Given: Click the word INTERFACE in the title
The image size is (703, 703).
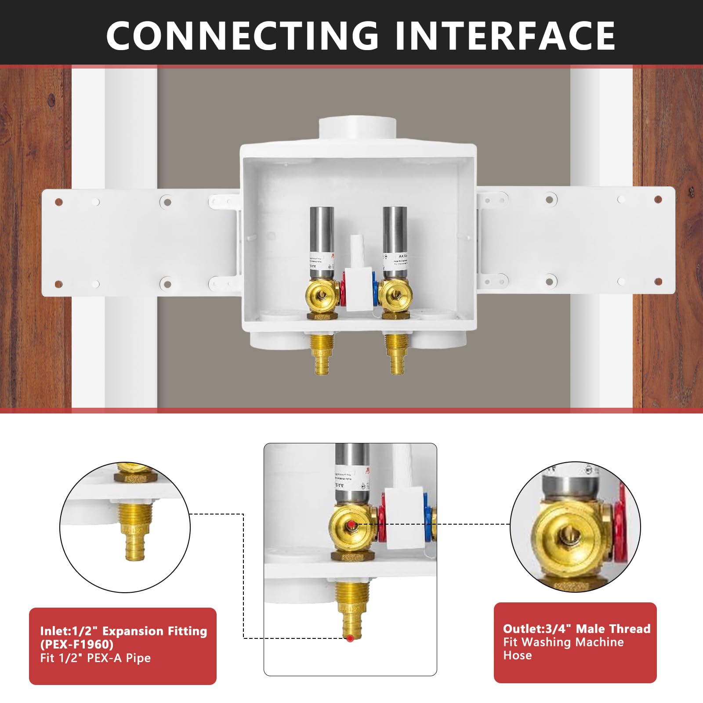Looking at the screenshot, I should pyautogui.click(x=505, y=35).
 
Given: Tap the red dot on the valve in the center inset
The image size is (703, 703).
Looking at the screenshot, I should pyautogui.click(x=351, y=525).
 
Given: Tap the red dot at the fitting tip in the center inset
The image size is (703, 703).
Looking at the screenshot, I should pyautogui.click(x=350, y=638).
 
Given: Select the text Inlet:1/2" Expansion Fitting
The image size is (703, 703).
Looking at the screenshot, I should pyautogui.click(x=123, y=631).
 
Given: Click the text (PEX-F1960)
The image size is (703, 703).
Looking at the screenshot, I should pyautogui.click(x=76, y=645).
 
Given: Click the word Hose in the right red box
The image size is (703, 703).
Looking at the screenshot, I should pyautogui.click(x=517, y=655).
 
